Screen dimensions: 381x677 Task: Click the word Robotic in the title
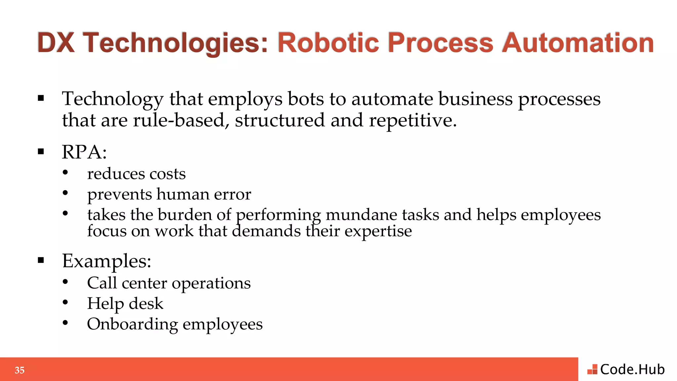tap(328, 43)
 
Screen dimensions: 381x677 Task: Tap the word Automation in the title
tap(578, 43)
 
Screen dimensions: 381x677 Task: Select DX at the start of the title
tap(56, 43)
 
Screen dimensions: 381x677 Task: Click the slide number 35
tap(20, 370)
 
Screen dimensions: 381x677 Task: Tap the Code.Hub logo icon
tap(592, 369)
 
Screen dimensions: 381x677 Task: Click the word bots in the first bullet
tap(305, 99)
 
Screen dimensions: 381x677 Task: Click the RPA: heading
tap(84, 152)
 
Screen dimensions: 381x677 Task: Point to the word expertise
tap(378, 231)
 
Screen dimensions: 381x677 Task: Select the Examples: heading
tap(106, 261)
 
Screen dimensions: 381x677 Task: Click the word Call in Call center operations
tap(102, 283)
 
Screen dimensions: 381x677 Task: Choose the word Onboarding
tap(132, 324)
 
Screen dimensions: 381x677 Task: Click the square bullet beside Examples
tap(41, 260)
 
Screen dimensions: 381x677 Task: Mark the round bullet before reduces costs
tap(65, 172)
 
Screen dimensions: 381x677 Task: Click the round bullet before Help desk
tap(65, 302)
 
